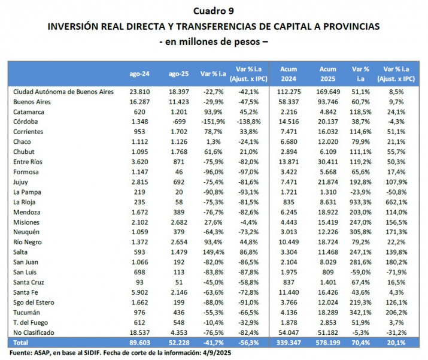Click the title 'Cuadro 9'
pyautogui.click(x=214, y=11)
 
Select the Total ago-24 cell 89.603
pyautogui.click(x=139, y=343)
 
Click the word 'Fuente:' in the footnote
pyautogui.click(x=22, y=353)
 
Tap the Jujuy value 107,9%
pyautogui.click(x=396, y=181)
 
